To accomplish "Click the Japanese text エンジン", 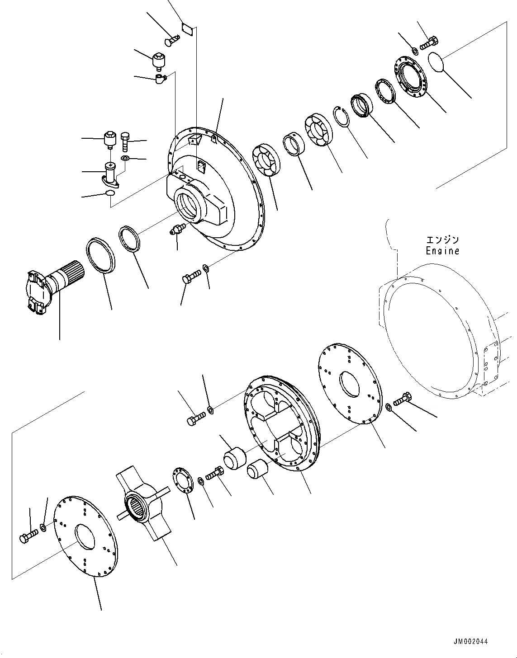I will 442,240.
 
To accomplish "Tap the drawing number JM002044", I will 470,641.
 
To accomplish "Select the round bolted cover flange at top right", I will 409,76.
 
